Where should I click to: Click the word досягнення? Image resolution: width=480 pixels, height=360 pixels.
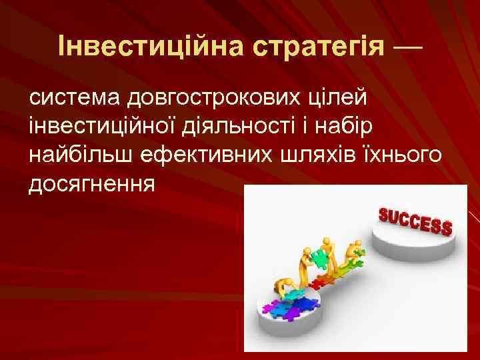click(x=91, y=184)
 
